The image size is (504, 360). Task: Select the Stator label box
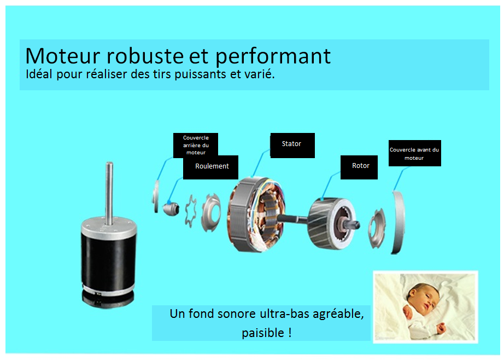pyautogui.click(x=292, y=145)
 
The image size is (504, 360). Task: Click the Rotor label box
pyautogui.click(x=359, y=167)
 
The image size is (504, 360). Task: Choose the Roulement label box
pyautogui.click(x=211, y=167)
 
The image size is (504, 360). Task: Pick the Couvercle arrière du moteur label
pyautogui.click(x=196, y=145)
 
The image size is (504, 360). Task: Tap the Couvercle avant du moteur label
pyautogui.click(x=415, y=153)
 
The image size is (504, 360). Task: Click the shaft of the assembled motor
pyautogui.click(x=109, y=193)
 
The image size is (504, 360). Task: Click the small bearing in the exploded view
pyautogui.click(x=171, y=209)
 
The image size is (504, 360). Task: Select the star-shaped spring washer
pyautogui.click(x=191, y=211)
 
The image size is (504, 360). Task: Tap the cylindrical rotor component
pyautogui.click(x=332, y=223)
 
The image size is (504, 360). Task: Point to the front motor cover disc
pyautogui.click(x=398, y=223)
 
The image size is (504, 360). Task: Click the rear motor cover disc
pyautogui.click(x=156, y=196)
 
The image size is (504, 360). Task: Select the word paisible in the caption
pyautogui.click(x=263, y=333)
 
